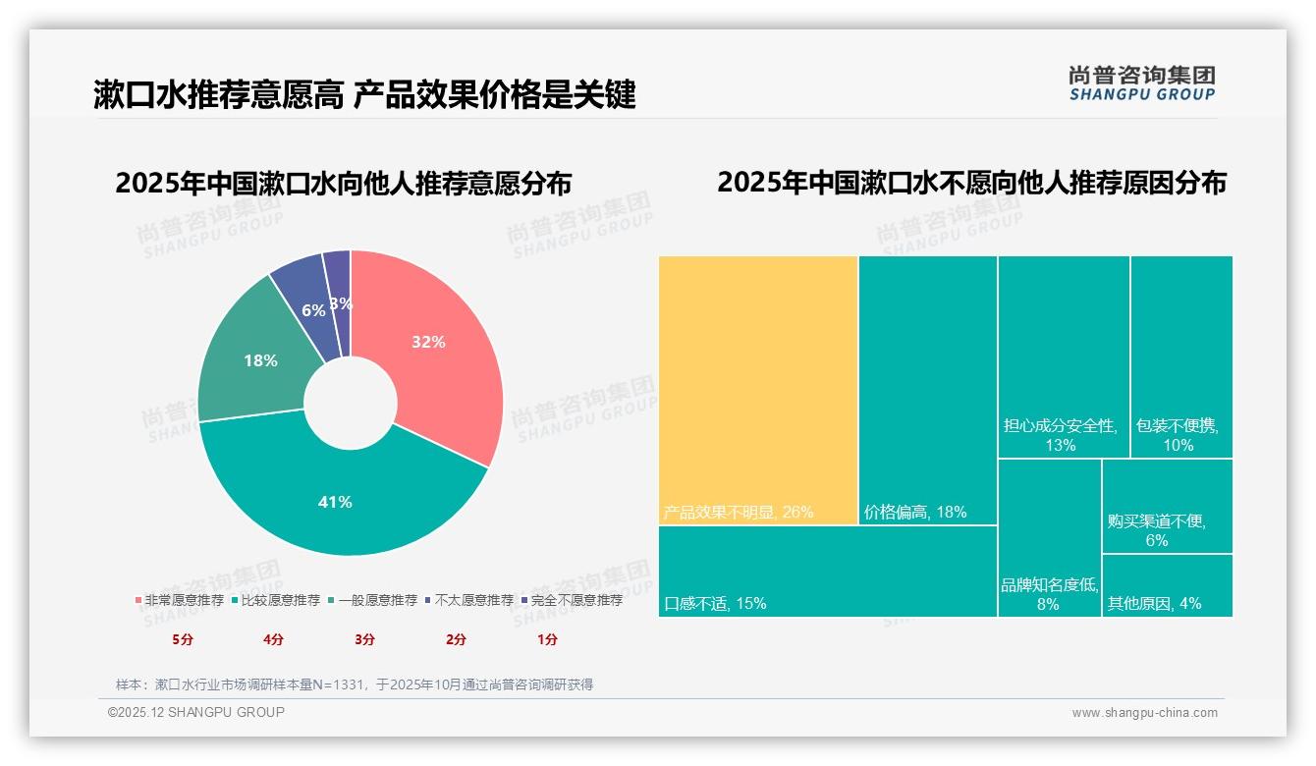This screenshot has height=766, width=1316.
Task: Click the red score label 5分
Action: pyautogui.click(x=184, y=639)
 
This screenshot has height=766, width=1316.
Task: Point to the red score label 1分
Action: pyautogui.click(x=547, y=639)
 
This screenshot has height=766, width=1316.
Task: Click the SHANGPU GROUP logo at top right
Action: pyautogui.click(x=1141, y=83)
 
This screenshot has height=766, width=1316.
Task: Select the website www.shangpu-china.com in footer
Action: pyautogui.click(x=1144, y=713)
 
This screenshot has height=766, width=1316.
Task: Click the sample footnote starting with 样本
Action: pyautogui.click(x=354, y=684)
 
